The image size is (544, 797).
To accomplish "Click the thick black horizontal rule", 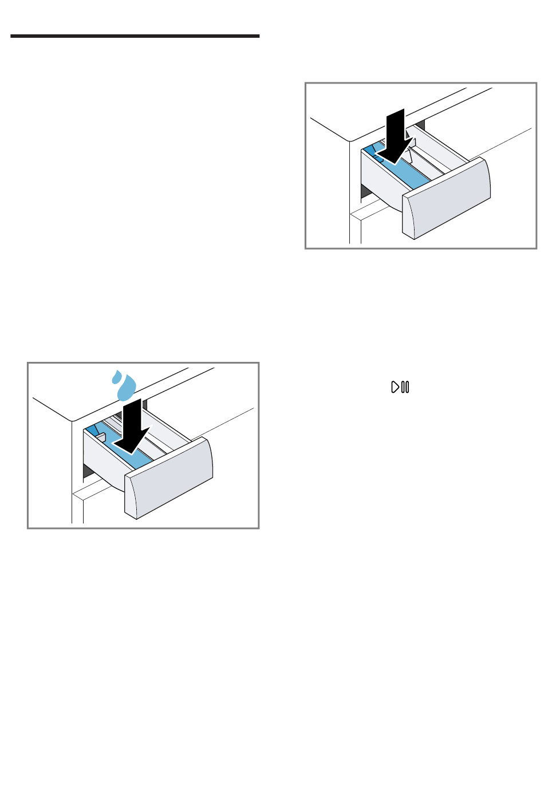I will (x=135, y=36).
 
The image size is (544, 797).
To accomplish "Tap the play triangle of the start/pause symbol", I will (x=395, y=388).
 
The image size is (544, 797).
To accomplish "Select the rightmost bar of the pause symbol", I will (x=407, y=388).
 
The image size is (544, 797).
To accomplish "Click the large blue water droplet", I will (x=127, y=388).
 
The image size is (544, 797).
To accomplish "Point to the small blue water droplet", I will (x=115, y=376).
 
